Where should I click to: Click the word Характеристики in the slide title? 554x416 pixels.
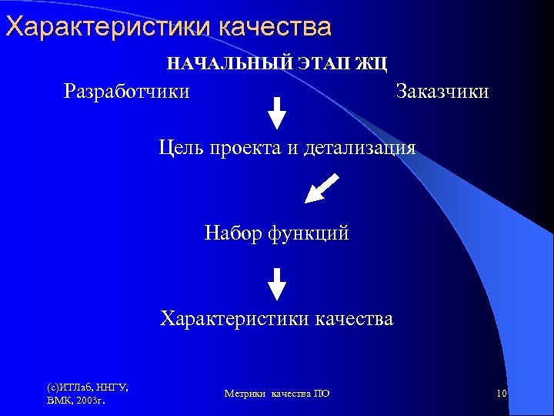point(108,27)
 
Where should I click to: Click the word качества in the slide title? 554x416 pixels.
point(275,27)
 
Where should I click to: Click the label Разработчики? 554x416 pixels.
point(127,91)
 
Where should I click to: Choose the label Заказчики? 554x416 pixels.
point(442,91)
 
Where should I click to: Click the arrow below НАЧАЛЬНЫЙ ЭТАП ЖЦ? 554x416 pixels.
point(277,112)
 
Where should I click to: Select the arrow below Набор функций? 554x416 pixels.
point(277,283)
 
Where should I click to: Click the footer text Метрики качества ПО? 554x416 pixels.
point(277,394)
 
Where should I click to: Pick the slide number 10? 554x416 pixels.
point(502,394)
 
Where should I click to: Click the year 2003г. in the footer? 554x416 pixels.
point(90,401)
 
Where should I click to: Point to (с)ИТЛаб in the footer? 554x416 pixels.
point(67,387)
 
